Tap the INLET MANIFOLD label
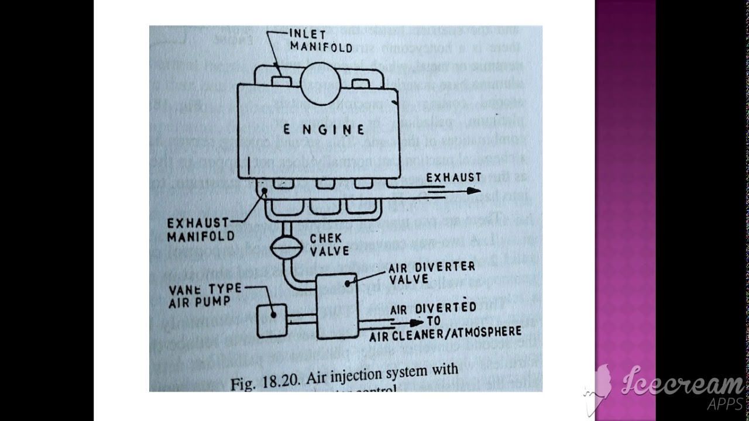point(321,40)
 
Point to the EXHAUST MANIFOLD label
point(201,230)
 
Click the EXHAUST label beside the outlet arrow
point(453,177)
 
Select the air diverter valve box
point(337,306)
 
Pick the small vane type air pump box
point(272,320)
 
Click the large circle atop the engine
point(320,83)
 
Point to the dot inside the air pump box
point(273,315)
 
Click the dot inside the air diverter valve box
point(347,284)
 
